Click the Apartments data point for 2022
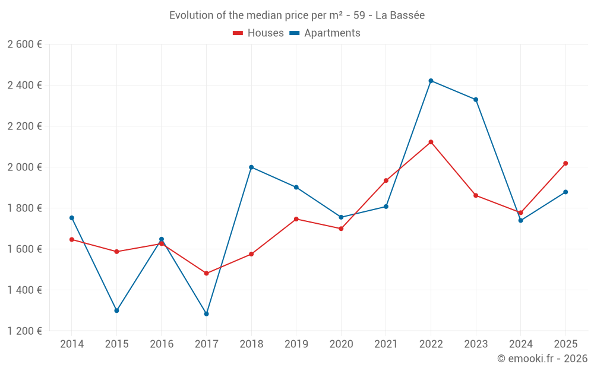(431, 81)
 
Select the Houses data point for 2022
(431, 142)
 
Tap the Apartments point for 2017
(206, 313)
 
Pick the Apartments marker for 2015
(116, 310)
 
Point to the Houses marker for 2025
(565, 163)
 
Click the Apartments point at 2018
(251, 167)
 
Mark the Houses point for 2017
(206, 274)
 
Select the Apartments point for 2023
(476, 100)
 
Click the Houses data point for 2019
(296, 219)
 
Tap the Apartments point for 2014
(72, 218)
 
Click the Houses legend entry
(258, 33)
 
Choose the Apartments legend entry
(325, 33)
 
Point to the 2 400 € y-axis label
(24, 85)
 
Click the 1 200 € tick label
(24, 331)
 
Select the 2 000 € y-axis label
(24, 167)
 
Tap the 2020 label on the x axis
(341, 344)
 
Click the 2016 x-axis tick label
(162, 344)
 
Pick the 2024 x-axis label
(520, 344)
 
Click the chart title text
(297, 15)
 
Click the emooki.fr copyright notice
(542, 359)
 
